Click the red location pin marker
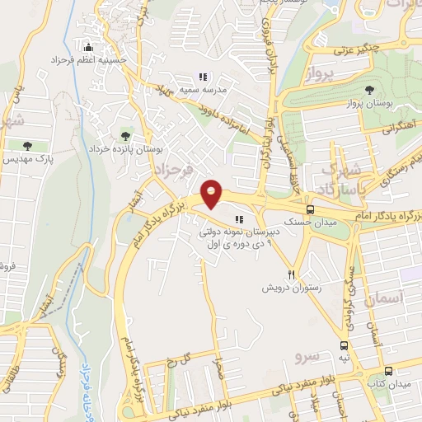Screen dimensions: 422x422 [213, 194]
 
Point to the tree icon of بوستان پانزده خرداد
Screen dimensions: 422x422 [124, 135]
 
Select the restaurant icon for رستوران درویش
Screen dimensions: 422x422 [291, 274]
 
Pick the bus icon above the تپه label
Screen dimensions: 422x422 [345, 345]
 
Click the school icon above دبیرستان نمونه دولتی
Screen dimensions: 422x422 [239, 219]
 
